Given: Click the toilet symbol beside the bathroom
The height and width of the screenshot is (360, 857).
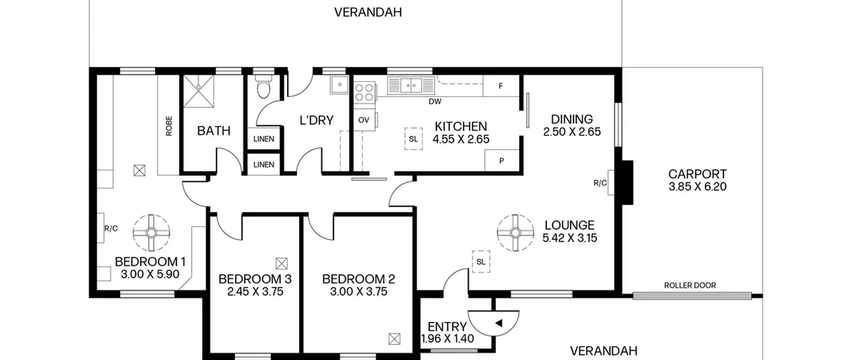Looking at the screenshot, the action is point(263,86).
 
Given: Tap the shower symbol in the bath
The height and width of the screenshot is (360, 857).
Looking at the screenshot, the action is point(199,91).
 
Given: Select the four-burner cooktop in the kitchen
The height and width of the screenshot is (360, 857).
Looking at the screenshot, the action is point(364,92).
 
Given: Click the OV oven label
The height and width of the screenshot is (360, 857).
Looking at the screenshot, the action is point(364,120).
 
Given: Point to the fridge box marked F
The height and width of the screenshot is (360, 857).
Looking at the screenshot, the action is point(501,86).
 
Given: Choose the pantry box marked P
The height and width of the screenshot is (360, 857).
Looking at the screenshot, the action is point(501,161).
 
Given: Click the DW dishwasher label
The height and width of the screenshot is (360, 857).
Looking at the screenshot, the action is point(435,101).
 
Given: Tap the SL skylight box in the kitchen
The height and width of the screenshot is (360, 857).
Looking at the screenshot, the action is point(413,139).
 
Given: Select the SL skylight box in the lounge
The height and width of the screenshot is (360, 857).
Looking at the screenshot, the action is point(481,262).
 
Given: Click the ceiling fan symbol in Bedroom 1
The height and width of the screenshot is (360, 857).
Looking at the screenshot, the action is point(151,233).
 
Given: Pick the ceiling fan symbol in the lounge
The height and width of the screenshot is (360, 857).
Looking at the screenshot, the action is point(515,233).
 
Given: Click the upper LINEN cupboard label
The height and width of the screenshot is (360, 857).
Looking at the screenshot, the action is point(264,139).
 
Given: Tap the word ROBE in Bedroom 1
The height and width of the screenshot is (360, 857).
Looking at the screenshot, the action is point(169,126).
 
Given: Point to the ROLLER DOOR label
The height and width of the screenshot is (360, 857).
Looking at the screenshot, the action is point(690,285).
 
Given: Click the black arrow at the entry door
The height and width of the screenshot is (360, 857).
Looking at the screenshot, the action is point(499,323).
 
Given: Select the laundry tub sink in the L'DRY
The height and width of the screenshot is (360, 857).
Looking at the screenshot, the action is point(340,84).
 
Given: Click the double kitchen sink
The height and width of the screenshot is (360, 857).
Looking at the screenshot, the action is point(411,85).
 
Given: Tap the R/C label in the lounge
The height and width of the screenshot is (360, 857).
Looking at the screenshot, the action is point(600,183).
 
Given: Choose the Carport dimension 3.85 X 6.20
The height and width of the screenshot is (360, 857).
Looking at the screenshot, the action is point(698,187).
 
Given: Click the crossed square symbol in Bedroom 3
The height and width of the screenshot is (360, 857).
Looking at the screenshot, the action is point(282,264).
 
